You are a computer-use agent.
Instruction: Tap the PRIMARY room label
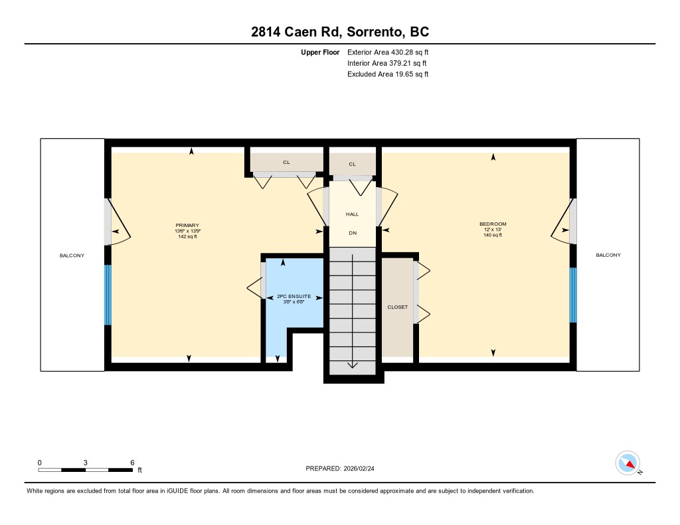[187, 226]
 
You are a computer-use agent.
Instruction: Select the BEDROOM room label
[493, 224]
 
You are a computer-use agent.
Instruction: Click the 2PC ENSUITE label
[294, 297]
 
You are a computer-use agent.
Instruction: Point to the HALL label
[352, 214]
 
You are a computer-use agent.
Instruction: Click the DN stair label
[353, 233]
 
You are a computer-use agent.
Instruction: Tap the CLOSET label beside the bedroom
[398, 307]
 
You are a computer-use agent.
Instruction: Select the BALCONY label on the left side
[72, 256]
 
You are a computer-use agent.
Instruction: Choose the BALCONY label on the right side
[608, 256]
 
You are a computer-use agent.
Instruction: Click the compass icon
[628, 463]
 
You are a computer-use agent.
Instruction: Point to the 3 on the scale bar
[86, 463]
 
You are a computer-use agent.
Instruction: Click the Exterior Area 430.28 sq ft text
[388, 52]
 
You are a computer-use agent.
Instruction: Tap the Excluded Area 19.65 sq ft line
[388, 74]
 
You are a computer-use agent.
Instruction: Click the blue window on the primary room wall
[108, 295]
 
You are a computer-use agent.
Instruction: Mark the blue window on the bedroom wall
[573, 295]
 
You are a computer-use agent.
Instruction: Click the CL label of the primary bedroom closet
[286, 163]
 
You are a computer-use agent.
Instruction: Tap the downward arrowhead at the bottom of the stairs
[352, 365]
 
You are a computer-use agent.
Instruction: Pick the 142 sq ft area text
[187, 237]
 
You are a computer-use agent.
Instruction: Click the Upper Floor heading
[320, 52]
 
